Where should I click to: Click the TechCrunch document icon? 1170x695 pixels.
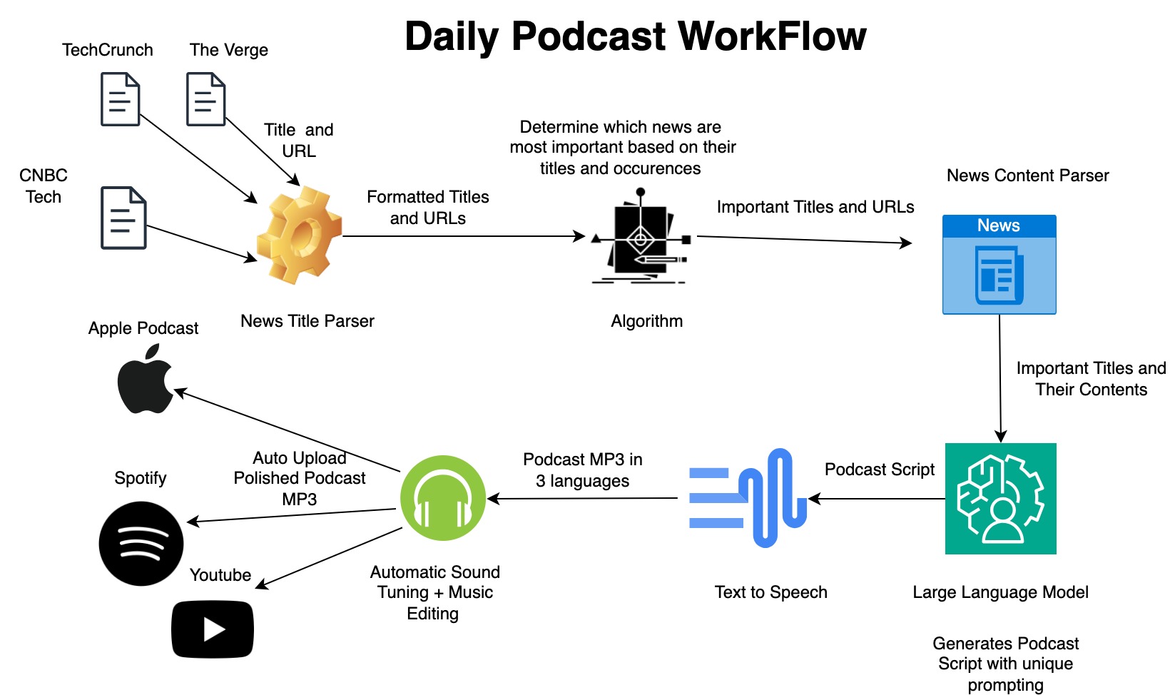120,99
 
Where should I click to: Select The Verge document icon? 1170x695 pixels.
205,99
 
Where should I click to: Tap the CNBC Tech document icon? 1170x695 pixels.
123,218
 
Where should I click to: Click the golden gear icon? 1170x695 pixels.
300,235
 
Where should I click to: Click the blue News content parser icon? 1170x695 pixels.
999,265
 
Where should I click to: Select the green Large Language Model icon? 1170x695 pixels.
1000,499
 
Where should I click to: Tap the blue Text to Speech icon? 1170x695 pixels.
747,498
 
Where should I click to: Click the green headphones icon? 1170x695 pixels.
443,498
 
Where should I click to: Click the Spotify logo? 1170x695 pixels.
141,544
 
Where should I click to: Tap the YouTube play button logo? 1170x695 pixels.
213,629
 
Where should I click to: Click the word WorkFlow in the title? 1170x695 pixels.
772,36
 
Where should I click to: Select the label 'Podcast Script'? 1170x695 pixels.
879,470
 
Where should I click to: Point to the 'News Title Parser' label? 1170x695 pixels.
307,321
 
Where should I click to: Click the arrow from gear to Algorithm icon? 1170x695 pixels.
464,236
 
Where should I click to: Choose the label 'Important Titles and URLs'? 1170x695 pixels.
815,207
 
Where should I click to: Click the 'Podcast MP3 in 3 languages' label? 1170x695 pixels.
582,470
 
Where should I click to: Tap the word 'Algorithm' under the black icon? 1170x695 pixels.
646,321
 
